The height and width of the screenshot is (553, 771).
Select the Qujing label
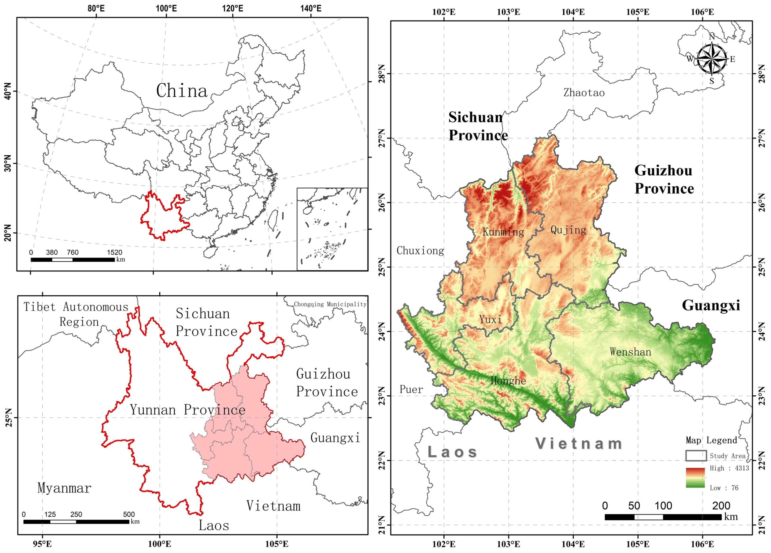coord(568,230)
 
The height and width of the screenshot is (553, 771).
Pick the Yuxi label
coord(490,320)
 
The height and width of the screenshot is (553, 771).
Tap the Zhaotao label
coord(584,93)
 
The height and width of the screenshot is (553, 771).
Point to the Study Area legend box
coord(696,456)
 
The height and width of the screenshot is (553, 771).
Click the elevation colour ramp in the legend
coord(695,478)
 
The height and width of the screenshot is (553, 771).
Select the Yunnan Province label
coord(187,410)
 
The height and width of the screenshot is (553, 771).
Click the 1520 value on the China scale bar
coord(115,252)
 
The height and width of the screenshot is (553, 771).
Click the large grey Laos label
coord(452,452)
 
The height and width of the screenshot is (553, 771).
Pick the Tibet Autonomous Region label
coord(76,314)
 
